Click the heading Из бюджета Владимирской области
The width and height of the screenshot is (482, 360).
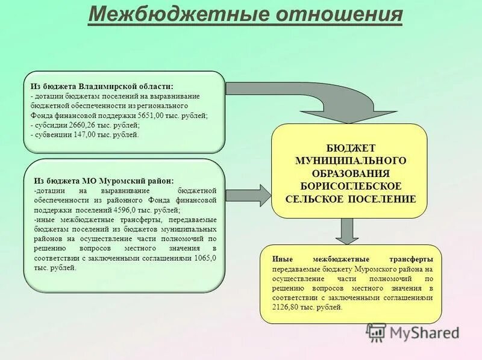[x=102, y=86]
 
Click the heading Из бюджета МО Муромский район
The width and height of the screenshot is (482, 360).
[x=103, y=181]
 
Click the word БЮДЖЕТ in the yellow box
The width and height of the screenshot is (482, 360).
[x=350, y=147]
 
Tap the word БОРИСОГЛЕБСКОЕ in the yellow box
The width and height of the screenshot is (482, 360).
[x=350, y=185]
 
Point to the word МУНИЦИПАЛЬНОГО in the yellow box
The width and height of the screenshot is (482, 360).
[x=350, y=160]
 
